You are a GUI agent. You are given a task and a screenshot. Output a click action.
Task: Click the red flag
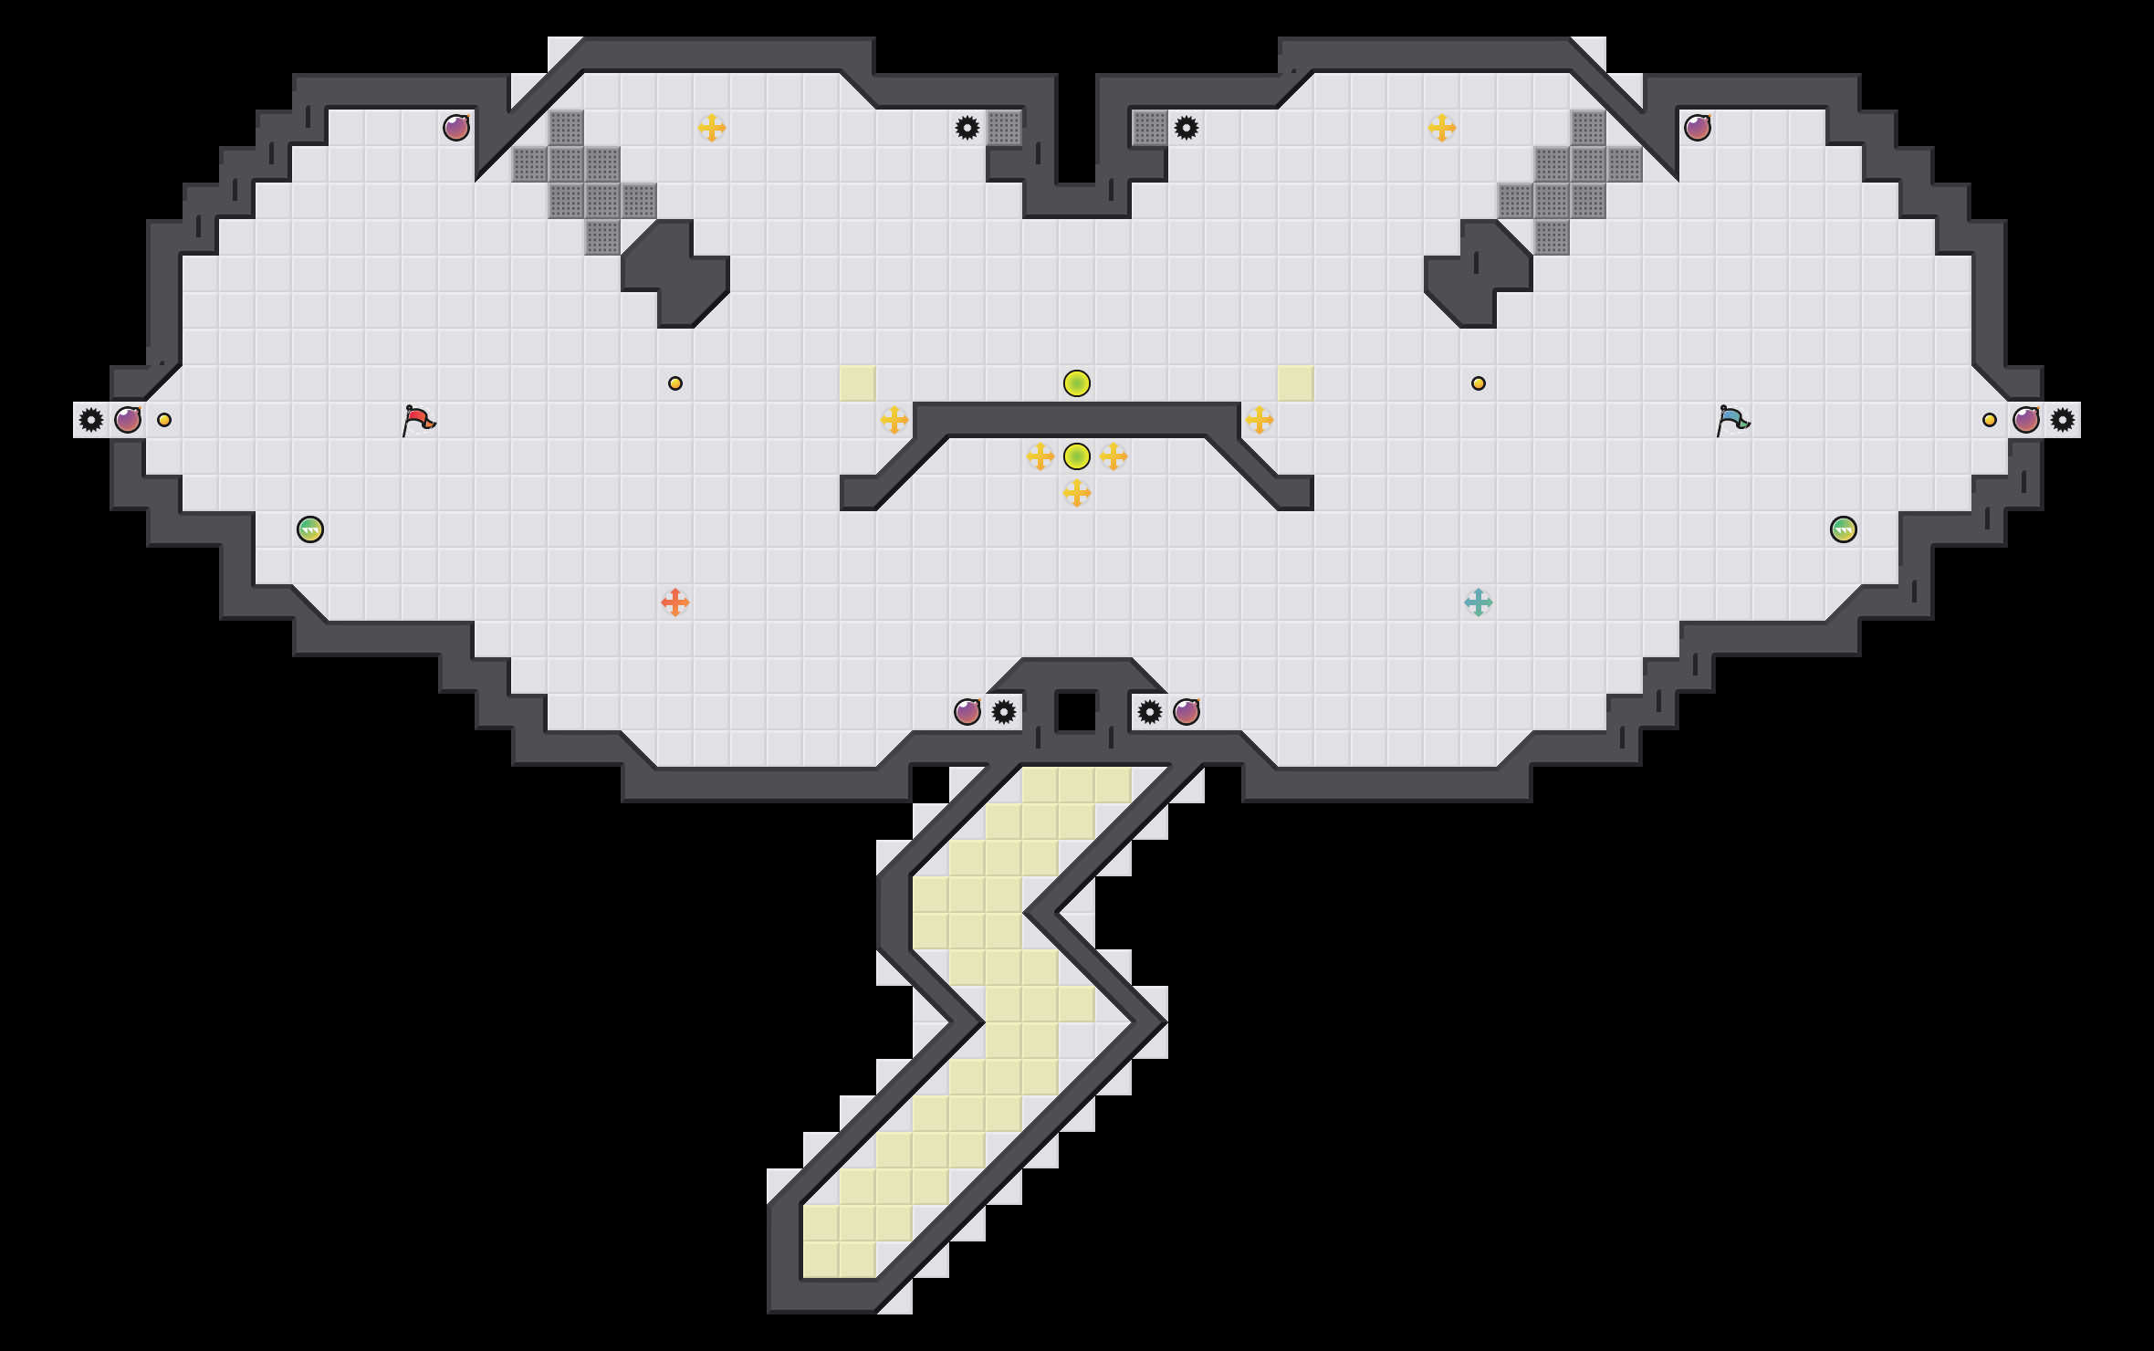coord(418,420)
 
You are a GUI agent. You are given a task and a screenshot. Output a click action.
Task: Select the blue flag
coord(1732,420)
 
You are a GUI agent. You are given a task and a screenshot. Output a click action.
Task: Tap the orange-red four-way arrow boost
coord(675,602)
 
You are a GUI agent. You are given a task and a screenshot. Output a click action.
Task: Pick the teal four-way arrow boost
coord(1479,602)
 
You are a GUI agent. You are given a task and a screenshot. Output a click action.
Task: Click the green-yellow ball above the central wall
coord(1077,383)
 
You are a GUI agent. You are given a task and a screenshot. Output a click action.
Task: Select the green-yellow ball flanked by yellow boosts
coord(1077,456)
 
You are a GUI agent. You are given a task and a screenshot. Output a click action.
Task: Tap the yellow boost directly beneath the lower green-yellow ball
coord(1077,493)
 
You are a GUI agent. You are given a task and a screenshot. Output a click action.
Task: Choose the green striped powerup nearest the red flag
coord(310,529)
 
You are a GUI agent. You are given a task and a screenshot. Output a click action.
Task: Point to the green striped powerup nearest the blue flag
coord(1844,529)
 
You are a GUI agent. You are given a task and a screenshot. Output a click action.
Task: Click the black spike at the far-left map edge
coord(91,420)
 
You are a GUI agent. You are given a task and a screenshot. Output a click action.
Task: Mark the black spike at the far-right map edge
coord(2063,420)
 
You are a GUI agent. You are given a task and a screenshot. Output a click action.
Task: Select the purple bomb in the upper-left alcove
coord(456,128)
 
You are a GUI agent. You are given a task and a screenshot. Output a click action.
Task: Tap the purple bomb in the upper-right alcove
coord(1698,128)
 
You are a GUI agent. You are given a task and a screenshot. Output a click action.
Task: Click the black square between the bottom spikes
coord(1077,712)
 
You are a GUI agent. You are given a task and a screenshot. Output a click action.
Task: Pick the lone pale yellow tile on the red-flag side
coord(858,383)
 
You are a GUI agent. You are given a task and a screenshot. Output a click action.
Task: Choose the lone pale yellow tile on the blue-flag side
coord(1296,383)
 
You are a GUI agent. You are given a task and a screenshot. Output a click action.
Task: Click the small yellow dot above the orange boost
coord(675,383)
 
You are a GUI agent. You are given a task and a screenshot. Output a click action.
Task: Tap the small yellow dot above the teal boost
coord(1479,383)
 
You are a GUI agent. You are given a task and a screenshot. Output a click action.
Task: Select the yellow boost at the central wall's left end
coord(894,420)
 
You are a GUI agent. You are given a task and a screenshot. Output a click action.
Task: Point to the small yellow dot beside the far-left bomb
coord(164,420)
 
